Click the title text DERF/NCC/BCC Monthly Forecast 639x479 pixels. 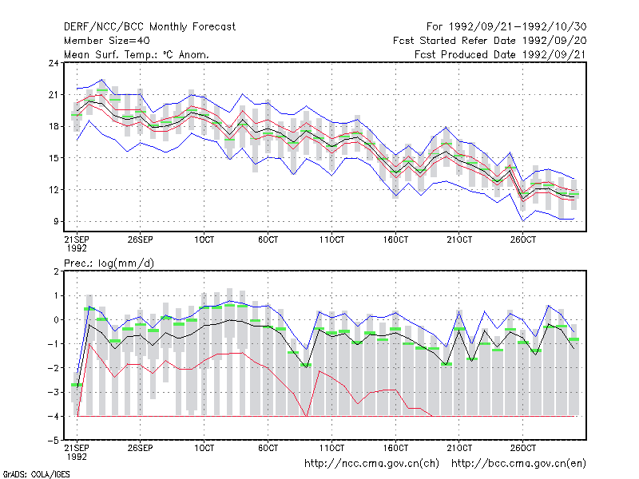click(149, 27)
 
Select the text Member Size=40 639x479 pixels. click(107, 41)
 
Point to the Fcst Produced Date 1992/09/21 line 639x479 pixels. click(500, 54)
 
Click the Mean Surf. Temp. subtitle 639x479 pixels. click(136, 54)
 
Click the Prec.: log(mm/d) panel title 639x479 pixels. click(109, 263)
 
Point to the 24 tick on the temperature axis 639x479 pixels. click(54, 63)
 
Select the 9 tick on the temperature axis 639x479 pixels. click(56, 222)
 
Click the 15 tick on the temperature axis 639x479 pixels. click(54, 158)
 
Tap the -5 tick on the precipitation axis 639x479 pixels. click(54, 441)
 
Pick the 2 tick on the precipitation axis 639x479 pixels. click(56, 271)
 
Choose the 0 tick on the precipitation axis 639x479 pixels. click(56, 320)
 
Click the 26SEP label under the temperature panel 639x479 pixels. click(141, 240)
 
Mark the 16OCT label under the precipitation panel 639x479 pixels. click(395, 448)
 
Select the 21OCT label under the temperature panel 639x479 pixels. click(459, 240)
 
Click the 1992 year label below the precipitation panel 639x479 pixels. click(77, 457)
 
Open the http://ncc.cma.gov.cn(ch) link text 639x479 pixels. click(371, 464)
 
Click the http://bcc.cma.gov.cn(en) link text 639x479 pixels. click(518, 464)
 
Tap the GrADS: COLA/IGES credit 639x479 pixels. click(36, 474)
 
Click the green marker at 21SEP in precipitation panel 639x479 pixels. click(77, 385)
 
